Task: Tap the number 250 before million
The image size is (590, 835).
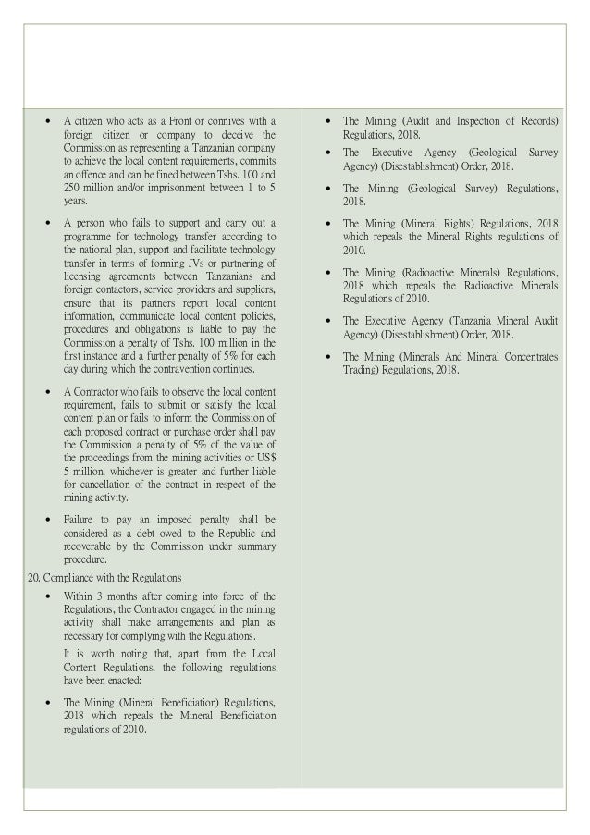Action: pos(74,186)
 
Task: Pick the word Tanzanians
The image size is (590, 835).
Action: pos(201,276)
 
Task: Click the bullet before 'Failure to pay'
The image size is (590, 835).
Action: pos(47,520)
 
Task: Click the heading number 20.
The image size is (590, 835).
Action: pos(31,578)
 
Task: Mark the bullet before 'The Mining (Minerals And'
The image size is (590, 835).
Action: pos(327,357)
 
